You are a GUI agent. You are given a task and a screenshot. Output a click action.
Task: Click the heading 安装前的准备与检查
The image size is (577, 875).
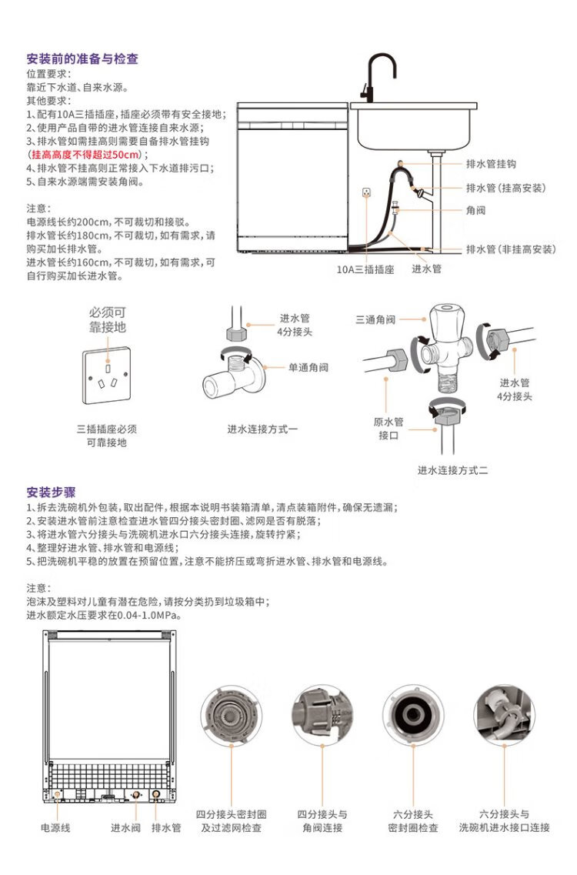click(x=82, y=59)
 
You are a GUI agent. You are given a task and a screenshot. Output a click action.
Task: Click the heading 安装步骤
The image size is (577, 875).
click(x=52, y=493)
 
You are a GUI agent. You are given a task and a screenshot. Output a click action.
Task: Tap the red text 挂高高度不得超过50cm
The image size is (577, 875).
click(x=85, y=155)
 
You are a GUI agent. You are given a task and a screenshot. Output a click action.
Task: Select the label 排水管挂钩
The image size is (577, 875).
click(x=491, y=164)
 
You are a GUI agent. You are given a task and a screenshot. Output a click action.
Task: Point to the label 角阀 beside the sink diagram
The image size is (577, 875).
click(x=475, y=210)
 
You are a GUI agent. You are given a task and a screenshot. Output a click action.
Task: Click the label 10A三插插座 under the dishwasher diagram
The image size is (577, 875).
click(x=365, y=269)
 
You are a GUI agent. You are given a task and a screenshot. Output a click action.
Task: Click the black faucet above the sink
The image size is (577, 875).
click(x=379, y=78)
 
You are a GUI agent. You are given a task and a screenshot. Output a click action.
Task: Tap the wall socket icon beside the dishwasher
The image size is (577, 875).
click(x=367, y=192)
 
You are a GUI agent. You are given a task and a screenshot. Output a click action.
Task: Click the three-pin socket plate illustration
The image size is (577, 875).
click(x=107, y=376)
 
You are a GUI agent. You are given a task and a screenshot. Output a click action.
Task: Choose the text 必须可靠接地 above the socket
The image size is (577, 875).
click(x=108, y=319)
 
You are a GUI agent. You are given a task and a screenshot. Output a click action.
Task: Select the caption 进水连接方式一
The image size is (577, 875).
click(x=262, y=429)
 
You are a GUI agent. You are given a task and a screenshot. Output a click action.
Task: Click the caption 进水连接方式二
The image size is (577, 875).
click(x=452, y=470)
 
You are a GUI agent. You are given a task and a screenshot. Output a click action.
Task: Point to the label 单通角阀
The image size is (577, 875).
click(x=308, y=367)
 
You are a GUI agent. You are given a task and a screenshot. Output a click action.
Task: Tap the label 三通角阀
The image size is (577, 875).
click(x=375, y=319)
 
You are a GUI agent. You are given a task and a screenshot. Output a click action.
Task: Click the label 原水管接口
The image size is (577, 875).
click(x=389, y=429)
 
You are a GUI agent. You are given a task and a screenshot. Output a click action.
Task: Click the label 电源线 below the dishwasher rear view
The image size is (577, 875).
click(x=56, y=827)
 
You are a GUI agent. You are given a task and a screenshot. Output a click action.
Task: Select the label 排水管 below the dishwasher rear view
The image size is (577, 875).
click(x=166, y=827)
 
